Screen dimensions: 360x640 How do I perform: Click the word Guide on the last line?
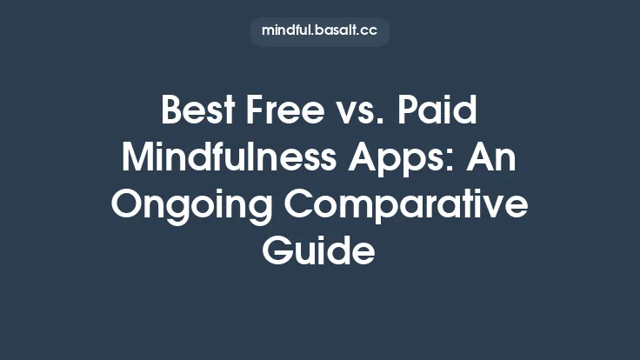point(319,252)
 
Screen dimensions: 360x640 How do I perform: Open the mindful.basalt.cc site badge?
point(319,31)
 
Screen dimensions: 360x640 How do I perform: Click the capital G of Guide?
point(278,252)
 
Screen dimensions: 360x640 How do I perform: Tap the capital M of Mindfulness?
point(139,161)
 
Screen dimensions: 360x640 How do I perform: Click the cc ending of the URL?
point(370,31)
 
